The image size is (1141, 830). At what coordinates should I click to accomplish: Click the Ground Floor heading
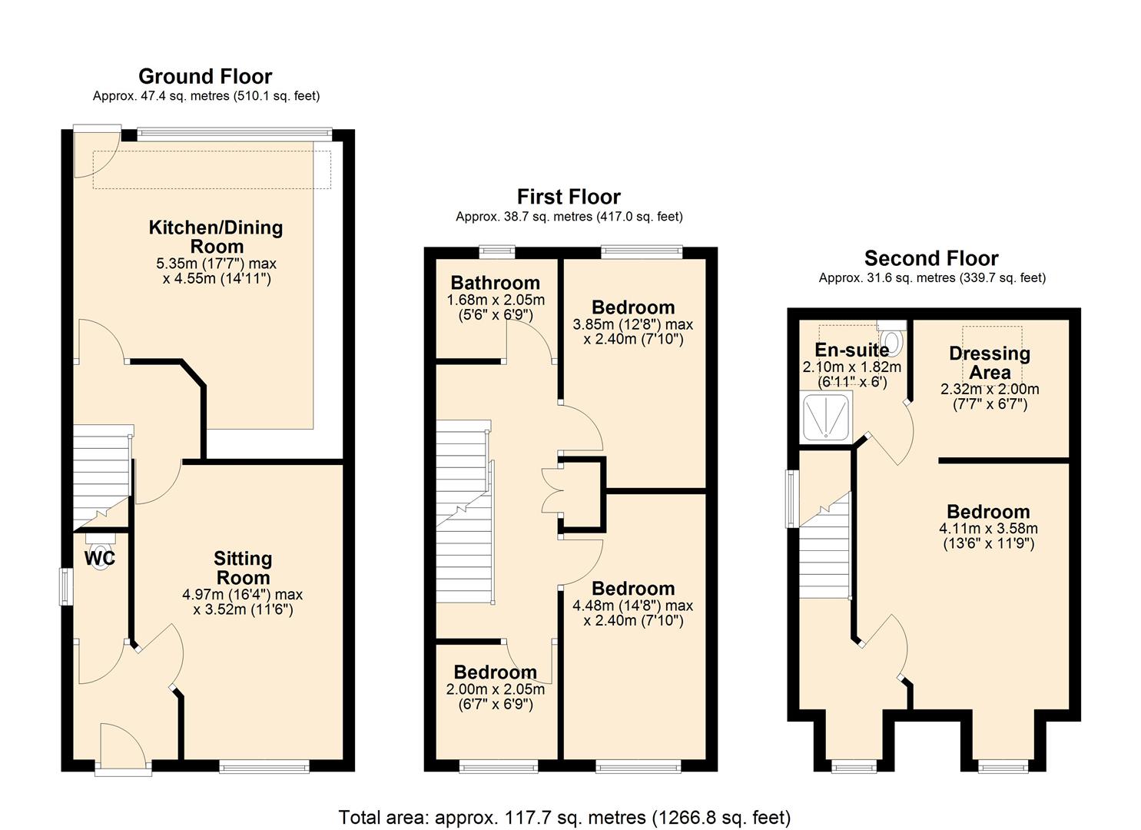pyautogui.click(x=205, y=77)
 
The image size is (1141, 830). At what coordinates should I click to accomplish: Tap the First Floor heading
pyautogui.click(x=569, y=198)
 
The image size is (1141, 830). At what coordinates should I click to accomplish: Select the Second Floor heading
pyautogui.click(x=931, y=258)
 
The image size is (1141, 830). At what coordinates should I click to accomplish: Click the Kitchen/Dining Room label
pyautogui.click(x=216, y=237)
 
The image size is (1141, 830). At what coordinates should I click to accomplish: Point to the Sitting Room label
pyautogui.click(x=242, y=569)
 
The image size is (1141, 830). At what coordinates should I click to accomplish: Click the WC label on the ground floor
pyautogui.click(x=100, y=559)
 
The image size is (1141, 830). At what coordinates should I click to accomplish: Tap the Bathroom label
pyautogui.click(x=495, y=283)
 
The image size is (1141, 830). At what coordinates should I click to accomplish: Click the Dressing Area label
pyautogui.click(x=990, y=363)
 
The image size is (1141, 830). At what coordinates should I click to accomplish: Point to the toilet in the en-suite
pyautogui.click(x=892, y=339)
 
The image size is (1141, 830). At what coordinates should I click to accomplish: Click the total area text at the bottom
pyautogui.click(x=565, y=817)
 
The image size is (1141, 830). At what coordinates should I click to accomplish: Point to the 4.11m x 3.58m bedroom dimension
pyautogui.click(x=988, y=529)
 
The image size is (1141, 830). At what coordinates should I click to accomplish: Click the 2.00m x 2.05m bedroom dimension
pyautogui.click(x=495, y=689)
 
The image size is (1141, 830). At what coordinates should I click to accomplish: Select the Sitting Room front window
pyautogui.click(x=264, y=765)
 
